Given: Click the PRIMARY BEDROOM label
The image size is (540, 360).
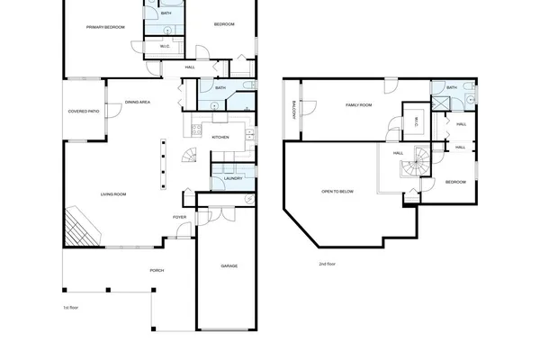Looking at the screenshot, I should pyautogui.click(x=105, y=28).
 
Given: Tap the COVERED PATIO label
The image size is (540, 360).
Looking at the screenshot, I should pyautogui.click(x=83, y=112).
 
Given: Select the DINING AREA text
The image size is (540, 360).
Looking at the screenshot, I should pyautogui.click(x=138, y=103).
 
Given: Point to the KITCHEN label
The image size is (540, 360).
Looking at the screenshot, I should pyautogui.click(x=220, y=137).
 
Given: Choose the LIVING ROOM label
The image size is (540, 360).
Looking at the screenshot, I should pyautogui.click(x=112, y=194).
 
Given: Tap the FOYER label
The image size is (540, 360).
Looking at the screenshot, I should pyautogui.click(x=180, y=217).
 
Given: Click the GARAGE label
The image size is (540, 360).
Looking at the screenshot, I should pyautogui.click(x=229, y=265).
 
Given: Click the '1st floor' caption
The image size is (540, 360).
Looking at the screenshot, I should pyautogui.click(x=72, y=308).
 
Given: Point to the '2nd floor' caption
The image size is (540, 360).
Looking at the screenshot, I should pyautogui.click(x=328, y=264).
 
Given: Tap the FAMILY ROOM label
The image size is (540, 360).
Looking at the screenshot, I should pyautogui.click(x=359, y=105).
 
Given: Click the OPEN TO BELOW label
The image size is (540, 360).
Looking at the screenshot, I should pyautogui.click(x=337, y=192).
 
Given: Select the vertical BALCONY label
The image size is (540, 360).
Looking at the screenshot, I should pyautogui.click(x=294, y=111).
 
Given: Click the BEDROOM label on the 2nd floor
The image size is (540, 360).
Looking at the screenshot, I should pyautogui.click(x=455, y=183).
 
